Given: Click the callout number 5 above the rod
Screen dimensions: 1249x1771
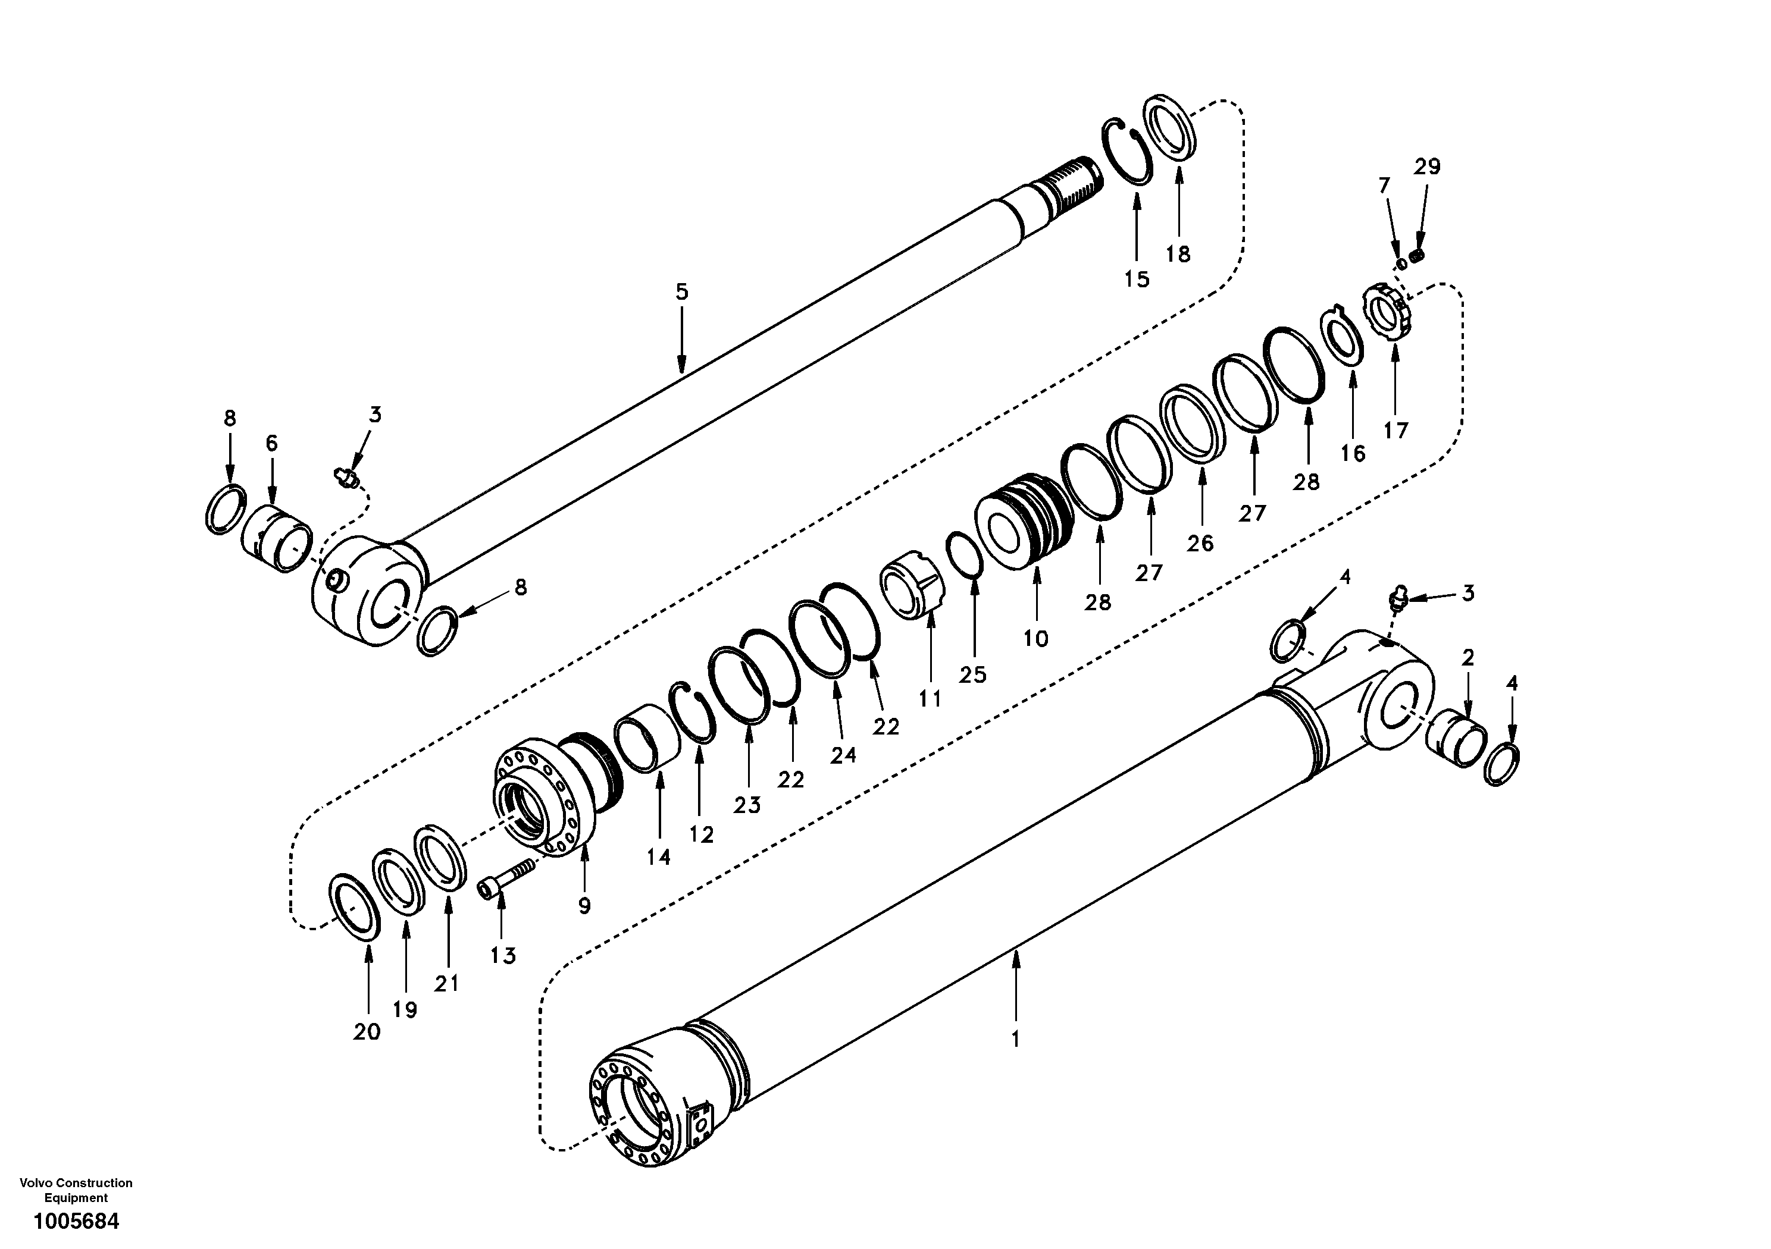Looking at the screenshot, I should click(681, 292).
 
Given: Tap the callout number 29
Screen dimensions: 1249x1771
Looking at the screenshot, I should click(1427, 167).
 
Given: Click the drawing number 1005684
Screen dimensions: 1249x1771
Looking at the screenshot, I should click(76, 1222).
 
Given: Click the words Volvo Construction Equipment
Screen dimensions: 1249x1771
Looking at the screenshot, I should click(76, 1190).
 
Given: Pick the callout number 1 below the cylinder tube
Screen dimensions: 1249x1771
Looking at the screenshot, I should click(1015, 1038).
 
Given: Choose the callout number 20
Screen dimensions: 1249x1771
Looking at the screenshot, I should click(367, 1031).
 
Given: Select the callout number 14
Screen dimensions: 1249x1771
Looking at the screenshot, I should click(658, 856).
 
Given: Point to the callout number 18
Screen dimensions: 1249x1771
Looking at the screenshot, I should click(1178, 253).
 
